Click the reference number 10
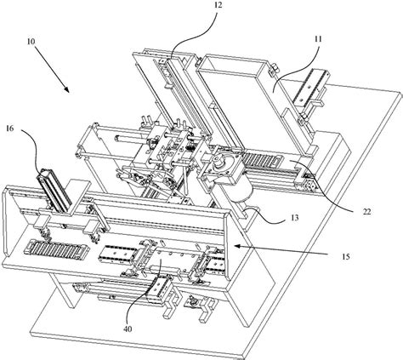click(x=31, y=42)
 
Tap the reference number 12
click(x=218, y=5)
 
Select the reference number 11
click(x=318, y=39)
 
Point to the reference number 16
click(x=9, y=129)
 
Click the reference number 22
click(x=366, y=212)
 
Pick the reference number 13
click(x=295, y=218)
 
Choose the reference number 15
click(x=346, y=257)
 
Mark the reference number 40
click(x=128, y=329)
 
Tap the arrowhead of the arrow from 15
click(x=236, y=246)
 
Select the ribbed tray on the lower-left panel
click(x=57, y=249)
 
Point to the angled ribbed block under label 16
click(x=54, y=190)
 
